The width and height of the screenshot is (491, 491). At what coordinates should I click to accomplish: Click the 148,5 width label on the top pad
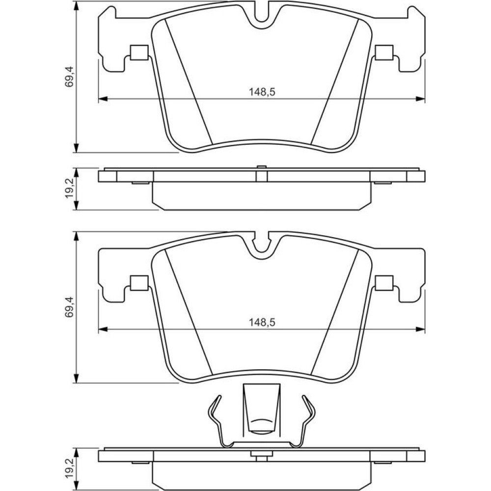[262, 92]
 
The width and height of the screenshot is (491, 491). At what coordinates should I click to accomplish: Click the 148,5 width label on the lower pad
[262, 322]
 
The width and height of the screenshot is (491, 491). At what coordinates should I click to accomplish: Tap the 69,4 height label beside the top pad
[69, 77]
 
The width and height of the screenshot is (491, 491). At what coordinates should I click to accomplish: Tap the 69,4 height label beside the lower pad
[69, 307]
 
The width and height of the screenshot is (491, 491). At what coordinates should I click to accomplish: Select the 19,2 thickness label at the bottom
[69, 467]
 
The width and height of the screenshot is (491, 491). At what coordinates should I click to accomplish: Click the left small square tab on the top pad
[139, 53]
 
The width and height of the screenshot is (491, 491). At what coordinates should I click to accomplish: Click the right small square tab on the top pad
[384, 53]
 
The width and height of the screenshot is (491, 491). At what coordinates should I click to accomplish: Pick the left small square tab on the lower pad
[139, 283]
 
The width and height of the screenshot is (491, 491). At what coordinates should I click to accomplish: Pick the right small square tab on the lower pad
[384, 283]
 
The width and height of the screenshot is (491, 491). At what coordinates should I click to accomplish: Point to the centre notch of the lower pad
[262, 250]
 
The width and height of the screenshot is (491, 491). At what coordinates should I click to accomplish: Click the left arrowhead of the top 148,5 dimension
[103, 99]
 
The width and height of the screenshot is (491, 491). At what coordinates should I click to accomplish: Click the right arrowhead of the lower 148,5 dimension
[421, 329]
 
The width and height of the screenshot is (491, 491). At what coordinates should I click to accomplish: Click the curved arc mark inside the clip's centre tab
[262, 421]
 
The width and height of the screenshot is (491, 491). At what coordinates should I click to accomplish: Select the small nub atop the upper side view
[262, 166]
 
